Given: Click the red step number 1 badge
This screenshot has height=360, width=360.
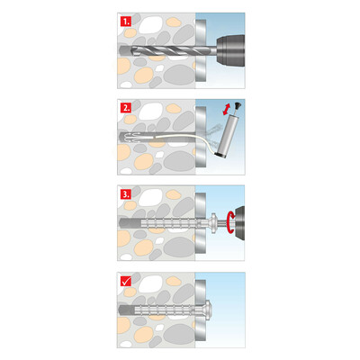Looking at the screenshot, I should (127, 21).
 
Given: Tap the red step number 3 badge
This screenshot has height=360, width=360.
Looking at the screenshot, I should (127, 192).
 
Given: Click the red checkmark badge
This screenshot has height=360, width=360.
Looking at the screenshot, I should (127, 280).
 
